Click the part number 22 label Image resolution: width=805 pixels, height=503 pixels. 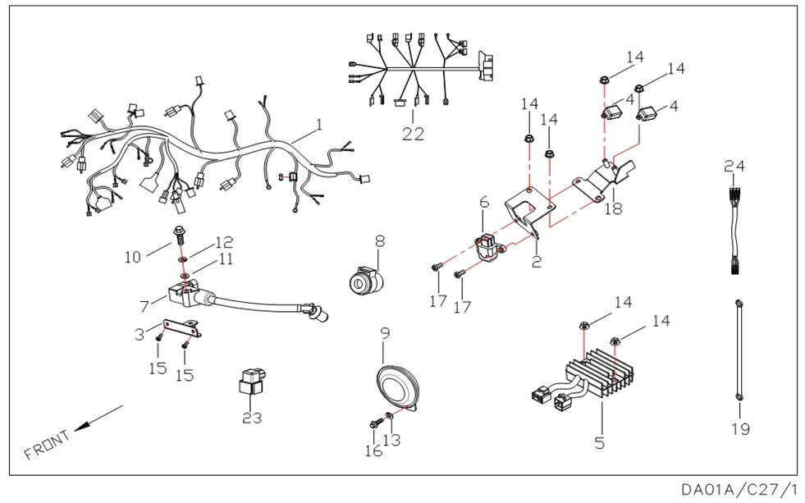click(413, 134)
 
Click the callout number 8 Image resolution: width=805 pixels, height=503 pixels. click(380, 242)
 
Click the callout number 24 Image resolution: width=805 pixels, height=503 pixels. click(734, 166)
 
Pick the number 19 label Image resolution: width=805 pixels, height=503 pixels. click(740, 428)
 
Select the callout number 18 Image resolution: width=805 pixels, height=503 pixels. click(613, 208)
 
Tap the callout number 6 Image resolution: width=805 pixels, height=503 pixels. click(484, 202)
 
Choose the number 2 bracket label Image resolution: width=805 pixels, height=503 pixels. click(537, 262)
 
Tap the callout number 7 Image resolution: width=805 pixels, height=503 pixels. click(144, 306)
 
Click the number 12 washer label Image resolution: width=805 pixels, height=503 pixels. click(224, 242)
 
